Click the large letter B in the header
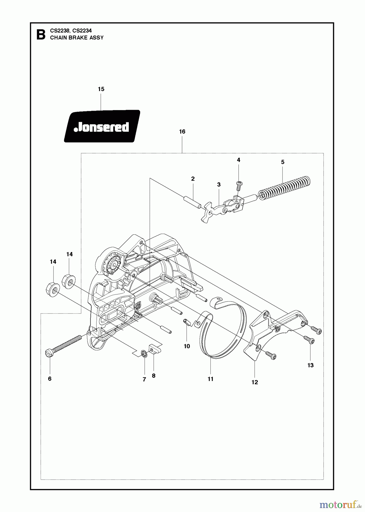click(x=41, y=35)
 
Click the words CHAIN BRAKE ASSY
click(x=77, y=38)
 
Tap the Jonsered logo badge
click(x=102, y=126)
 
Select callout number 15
click(x=101, y=89)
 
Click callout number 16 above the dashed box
click(x=182, y=131)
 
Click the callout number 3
click(x=219, y=184)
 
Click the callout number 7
click(x=144, y=379)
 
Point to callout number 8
click(x=154, y=375)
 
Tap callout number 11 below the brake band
click(x=210, y=379)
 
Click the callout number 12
click(x=255, y=382)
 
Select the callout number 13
click(x=310, y=365)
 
